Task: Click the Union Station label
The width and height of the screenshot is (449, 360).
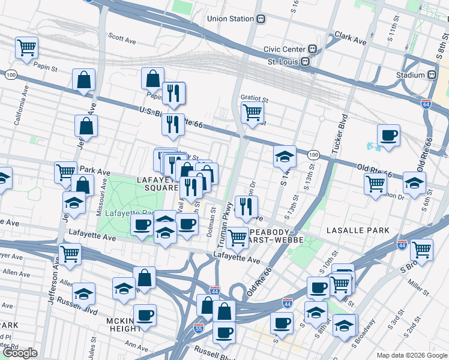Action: [x=230, y=19]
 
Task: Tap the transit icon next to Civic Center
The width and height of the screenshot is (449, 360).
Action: [x=312, y=49]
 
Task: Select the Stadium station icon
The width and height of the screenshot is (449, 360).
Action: [x=431, y=76]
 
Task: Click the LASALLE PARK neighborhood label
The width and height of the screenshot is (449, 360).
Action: [x=358, y=230]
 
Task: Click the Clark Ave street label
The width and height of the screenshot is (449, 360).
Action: [x=351, y=38]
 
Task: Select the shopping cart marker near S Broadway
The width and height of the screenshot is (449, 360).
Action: [x=422, y=248]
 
